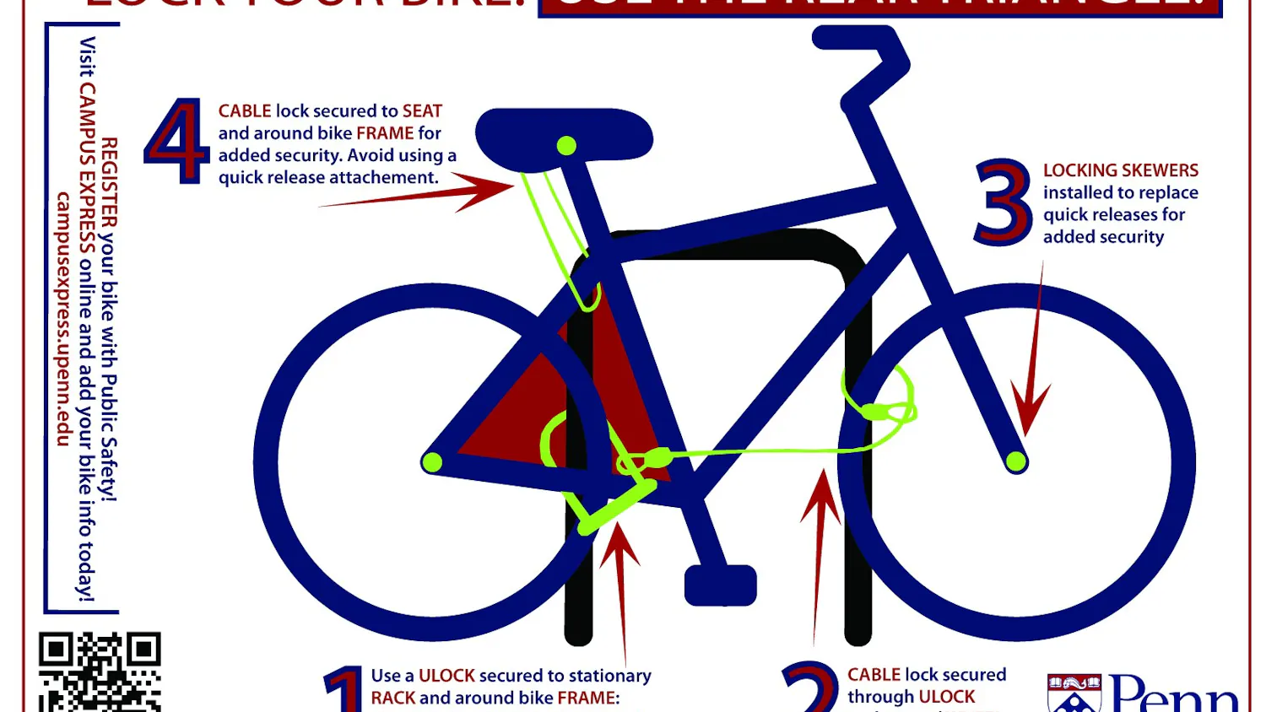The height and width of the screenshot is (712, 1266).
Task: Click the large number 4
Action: click(x=176, y=141)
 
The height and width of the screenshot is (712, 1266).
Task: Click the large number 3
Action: click(x=1003, y=202)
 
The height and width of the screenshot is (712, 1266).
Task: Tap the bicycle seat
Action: click(x=564, y=134)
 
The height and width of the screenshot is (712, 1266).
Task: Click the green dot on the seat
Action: click(x=566, y=146)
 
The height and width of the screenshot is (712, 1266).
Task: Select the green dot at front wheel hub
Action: click(x=1016, y=461)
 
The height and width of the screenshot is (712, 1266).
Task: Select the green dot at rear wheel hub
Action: click(x=431, y=461)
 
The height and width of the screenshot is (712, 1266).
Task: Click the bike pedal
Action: click(x=720, y=585)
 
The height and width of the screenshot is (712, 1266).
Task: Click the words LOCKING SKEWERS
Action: click(x=1120, y=170)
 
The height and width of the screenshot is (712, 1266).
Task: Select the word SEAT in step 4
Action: click(x=422, y=111)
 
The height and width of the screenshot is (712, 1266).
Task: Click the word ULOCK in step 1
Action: click(x=447, y=676)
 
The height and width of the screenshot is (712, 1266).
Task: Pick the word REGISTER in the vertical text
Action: click(x=109, y=182)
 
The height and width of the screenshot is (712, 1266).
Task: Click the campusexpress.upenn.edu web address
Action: click(x=63, y=319)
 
